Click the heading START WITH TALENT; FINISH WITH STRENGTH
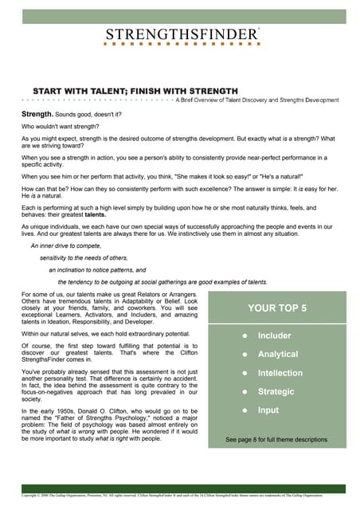point(135,91)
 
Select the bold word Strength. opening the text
point(37,115)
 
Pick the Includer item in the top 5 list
point(275,335)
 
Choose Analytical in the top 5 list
point(278,354)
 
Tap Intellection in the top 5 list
point(280,373)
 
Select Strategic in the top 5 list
point(276,391)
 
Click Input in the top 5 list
point(269,410)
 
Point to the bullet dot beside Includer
point(245,335)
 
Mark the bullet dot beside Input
point(245,410)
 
